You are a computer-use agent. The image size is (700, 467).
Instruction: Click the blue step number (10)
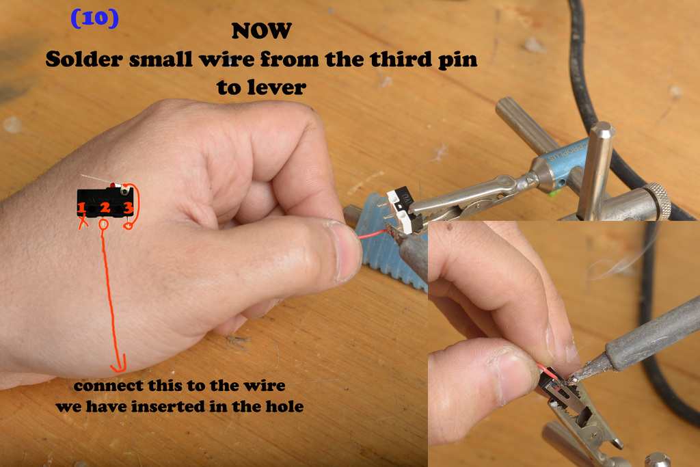pos(94,18)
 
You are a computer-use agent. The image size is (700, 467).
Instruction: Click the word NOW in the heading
pos(262,31)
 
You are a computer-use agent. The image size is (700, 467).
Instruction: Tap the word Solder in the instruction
pos(84,59)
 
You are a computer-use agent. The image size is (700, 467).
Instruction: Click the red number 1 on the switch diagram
pos(81,208)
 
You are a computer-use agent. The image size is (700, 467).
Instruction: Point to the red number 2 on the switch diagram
pos(105,208)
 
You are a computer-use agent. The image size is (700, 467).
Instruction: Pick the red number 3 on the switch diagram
pos(128,208)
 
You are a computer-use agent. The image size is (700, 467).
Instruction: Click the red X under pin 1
pos(83,222)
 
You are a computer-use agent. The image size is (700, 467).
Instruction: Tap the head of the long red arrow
pos(119,364)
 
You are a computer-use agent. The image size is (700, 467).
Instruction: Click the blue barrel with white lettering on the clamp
pos(567,159)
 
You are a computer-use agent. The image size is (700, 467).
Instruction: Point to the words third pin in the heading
pos(424,59)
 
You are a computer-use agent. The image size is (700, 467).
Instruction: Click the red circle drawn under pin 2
pos(104,223)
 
